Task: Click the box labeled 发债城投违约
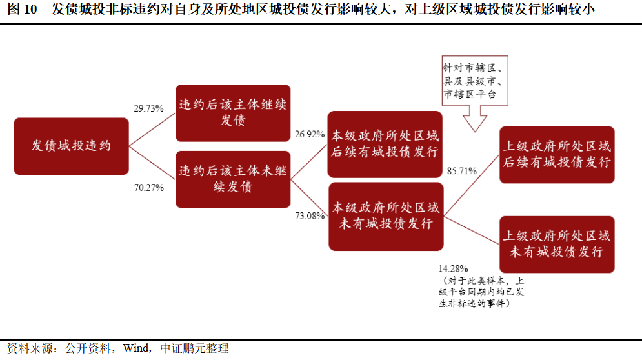(x=71, y=146)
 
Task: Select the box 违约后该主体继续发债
(x=233, y=113)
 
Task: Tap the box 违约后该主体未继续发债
(x=233, y=179)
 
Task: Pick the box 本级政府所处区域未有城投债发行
(x=385, y=217)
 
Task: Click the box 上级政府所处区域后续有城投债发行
(x=557, y=155)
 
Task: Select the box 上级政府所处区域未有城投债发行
(x=557, y=244)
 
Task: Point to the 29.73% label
(x=148, y=108)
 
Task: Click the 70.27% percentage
(x=148, y=188)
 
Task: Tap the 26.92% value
(x=309, y=134)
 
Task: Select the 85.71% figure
(x=462, y=171)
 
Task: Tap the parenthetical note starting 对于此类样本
(x=481, y=292)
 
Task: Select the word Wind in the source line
(x=135, y=348)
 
